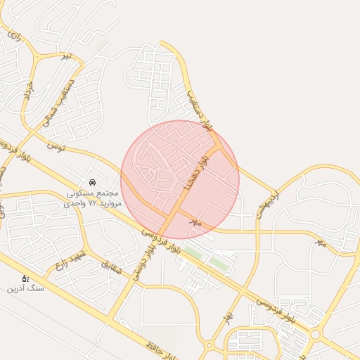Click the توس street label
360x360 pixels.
56,145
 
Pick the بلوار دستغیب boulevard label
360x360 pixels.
200,109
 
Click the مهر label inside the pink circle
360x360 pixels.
195,221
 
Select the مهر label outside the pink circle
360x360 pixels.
321,242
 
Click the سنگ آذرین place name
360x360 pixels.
25,288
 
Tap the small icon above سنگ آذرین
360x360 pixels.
25,278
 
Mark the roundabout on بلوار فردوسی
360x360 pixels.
316,335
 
